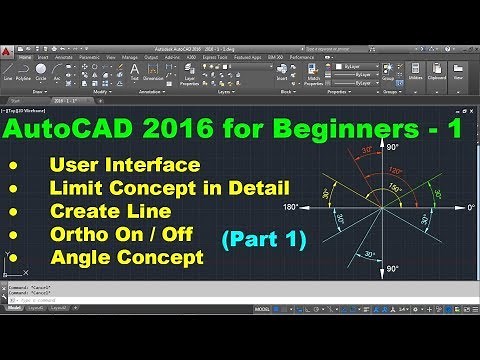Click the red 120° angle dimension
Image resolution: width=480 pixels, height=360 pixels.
pyautogui.click(x=397, y=171)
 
